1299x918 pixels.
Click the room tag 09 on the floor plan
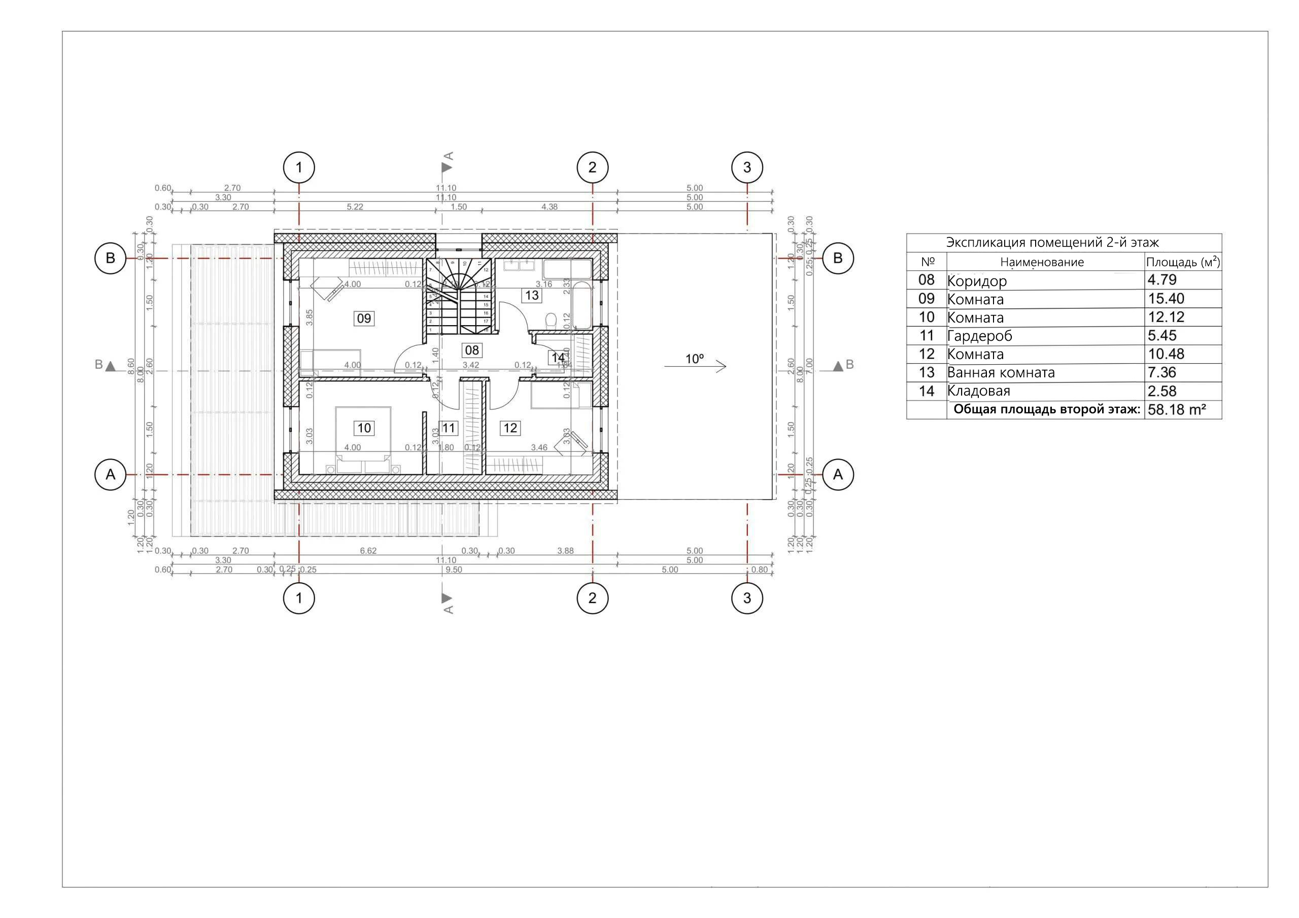364,319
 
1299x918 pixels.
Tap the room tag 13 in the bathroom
531,295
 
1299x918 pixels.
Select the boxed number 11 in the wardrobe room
449,428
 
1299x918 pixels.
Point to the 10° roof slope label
694,359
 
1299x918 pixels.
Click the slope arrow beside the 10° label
695,367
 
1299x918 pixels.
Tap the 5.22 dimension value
355,207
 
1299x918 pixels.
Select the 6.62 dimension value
368,550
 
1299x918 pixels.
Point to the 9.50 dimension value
454,570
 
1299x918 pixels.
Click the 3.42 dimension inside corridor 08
471,365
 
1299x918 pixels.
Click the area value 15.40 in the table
1166,299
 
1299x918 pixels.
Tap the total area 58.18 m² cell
1176,409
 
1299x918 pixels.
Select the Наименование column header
1042,262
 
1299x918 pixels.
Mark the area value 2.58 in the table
1161,391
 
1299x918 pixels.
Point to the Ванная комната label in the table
1000,373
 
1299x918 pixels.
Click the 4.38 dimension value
549,207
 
